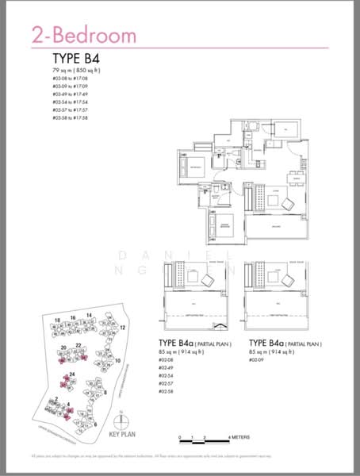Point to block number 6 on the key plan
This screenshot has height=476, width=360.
point(95,424)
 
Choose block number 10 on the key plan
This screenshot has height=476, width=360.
point(117,361)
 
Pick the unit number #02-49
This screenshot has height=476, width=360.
point(167,369)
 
